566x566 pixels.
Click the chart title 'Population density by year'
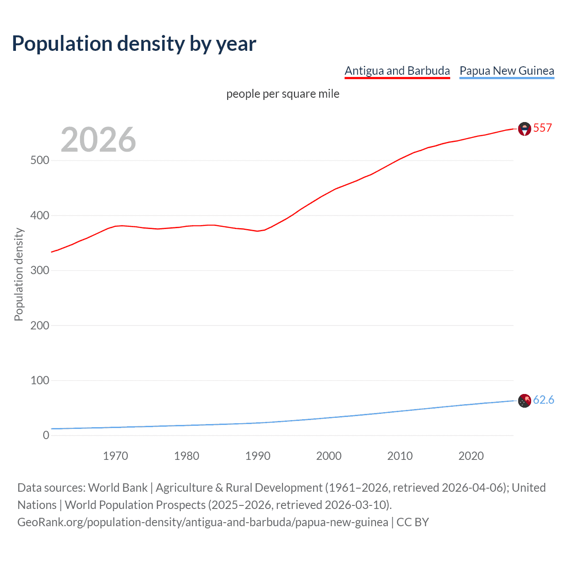(x=134, y=44)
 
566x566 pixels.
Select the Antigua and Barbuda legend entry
(x=397, y=71)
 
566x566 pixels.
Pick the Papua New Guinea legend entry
(x=507, y=71)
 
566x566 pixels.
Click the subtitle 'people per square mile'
(x=283, y=94)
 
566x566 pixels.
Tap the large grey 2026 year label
(x=98, y=140)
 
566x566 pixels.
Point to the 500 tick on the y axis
(x=40, y=161)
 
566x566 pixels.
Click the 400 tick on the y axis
(x=40, y=216)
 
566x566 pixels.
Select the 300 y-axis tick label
(x=40, y=271)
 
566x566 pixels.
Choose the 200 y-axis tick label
(x=40, y=325)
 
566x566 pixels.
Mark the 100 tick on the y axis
(x=40, y=380)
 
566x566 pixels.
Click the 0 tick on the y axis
(x=46, y=435)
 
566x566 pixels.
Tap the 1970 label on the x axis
(x=115, y=456)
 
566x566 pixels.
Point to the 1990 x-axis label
(x=258, y=456)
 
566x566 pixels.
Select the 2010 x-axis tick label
(x=400, y=456)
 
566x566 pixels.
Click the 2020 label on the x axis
(x=471, y=456)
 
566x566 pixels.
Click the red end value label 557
(x=543, y=128)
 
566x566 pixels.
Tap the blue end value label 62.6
(x=543, y=400)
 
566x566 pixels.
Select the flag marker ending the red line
(x=524, y=129)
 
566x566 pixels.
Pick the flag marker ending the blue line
(x=524, y=401)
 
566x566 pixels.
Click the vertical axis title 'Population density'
(x=19, y=274)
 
